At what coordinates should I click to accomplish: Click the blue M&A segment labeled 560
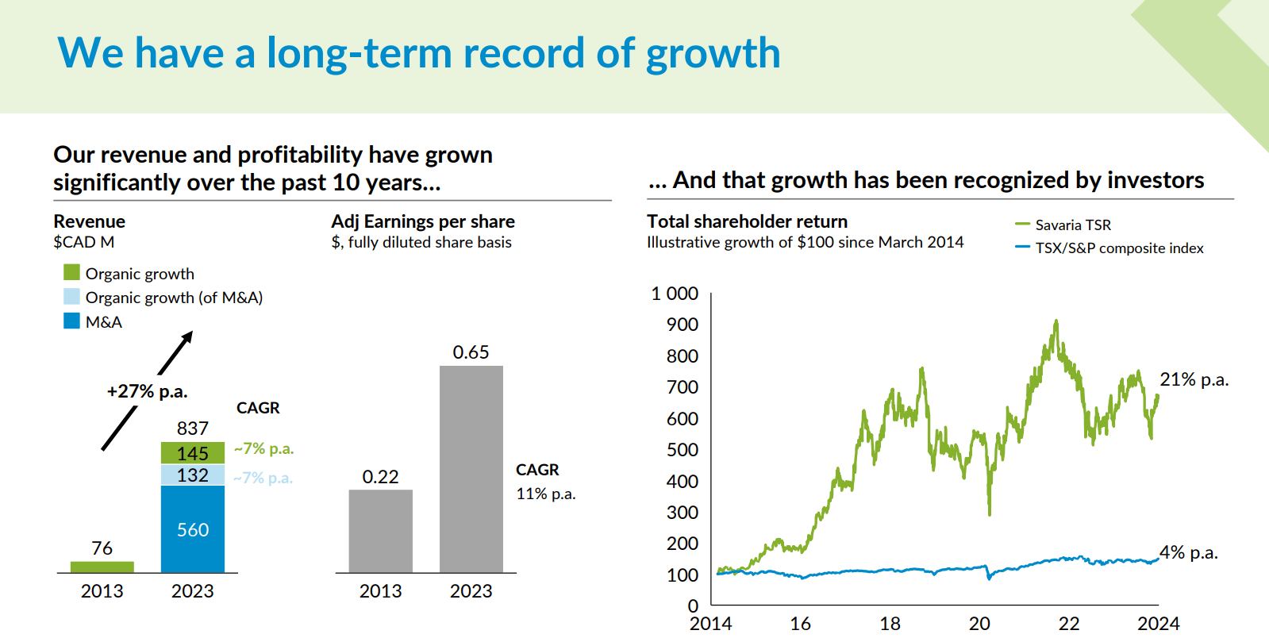click(193, 529)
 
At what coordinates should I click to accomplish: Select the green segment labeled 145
click(193, 453)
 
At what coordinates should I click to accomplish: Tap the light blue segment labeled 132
click(193, 475)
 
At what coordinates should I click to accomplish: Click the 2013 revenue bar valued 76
click(102, 567)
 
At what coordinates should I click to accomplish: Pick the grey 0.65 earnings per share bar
click(471, 468)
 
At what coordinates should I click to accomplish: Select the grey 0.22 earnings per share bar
click(380, 530)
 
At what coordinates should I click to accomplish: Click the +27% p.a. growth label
click(147, 391)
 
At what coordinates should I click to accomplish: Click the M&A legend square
click(72, 321)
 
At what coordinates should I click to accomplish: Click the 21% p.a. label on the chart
click(1194, 380)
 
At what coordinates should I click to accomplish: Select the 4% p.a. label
click(1188, 552)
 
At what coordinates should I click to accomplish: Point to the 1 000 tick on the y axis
click(675, 294)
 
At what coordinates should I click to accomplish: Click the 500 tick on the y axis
click(683, 450)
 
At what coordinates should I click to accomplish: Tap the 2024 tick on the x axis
click(1158, 624)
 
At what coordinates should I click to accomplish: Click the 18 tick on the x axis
click(890, 624)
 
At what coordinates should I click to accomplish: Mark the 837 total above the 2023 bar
click(193, 429)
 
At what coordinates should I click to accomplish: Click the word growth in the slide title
click(713, 54)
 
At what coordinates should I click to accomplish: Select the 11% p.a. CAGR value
click(545, 494)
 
